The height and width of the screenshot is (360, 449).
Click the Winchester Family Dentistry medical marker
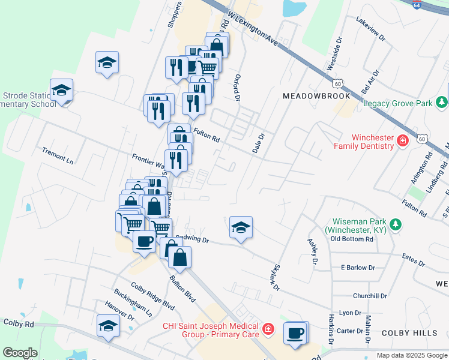402,142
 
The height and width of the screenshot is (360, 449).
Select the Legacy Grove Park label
398,104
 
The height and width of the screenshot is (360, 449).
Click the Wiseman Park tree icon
396,224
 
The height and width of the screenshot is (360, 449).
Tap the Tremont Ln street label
58,155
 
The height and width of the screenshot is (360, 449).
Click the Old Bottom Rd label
352,239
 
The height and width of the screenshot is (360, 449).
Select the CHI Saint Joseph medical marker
268,329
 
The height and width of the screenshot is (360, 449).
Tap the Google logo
20,353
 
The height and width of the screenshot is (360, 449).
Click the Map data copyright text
412,355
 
